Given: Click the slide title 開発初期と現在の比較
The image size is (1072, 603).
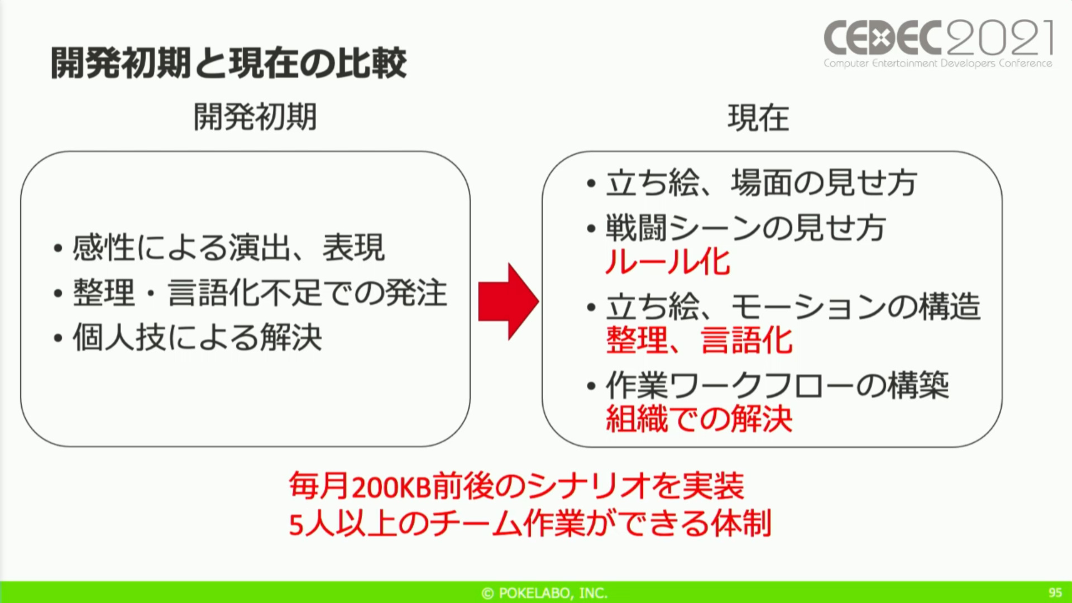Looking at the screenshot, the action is (229, 63).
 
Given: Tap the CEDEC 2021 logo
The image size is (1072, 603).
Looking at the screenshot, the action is (939, 44).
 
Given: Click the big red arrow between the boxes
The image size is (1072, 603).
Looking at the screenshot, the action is (508, 301).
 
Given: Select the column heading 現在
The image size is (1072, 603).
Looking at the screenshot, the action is (758, 118).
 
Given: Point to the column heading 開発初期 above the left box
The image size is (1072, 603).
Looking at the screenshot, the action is (255, 117).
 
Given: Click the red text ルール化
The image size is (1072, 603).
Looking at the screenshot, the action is (668, 261).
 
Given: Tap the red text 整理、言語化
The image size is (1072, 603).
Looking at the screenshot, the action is (699, 340).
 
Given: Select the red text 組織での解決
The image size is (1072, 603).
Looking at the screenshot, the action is (699, 419).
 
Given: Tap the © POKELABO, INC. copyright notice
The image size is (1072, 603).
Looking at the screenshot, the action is (544, 593).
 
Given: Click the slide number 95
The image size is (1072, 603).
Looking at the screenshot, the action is (1055, 593).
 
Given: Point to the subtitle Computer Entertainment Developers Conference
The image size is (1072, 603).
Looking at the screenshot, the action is (938, 63).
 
